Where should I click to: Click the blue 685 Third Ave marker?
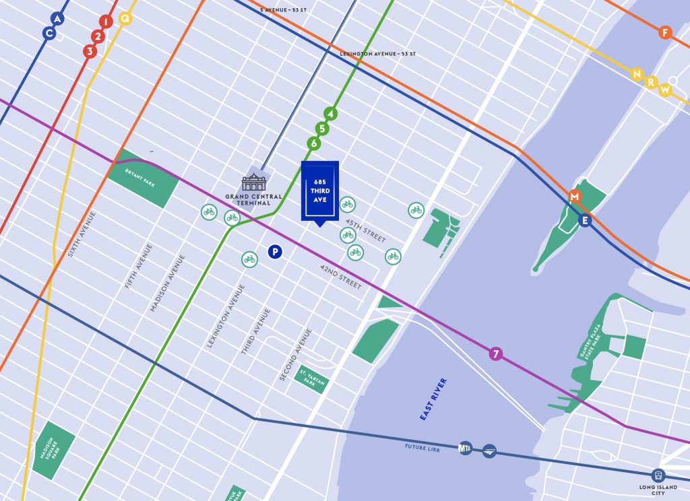(319, 191)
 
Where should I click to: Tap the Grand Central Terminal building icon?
(254, 182)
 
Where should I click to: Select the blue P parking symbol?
(274, 251)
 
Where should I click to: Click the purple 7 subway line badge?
(496, 354)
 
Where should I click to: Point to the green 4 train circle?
(330, 114)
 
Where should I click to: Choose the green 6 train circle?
(313, 143)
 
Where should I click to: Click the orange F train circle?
(665, 32)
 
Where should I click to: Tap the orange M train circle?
(575, 196)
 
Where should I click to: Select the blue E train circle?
(584, 220)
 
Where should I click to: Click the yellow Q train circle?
(125, 18)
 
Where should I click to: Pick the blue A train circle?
(57, 19)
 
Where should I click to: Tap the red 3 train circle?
(90, 51)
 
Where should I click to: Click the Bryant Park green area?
(143, 178)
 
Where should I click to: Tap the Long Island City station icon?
(658, 475)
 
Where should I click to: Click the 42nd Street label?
(341, 276)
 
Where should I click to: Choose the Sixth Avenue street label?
(82, 235)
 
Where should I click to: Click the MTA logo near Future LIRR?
(465, 448)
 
